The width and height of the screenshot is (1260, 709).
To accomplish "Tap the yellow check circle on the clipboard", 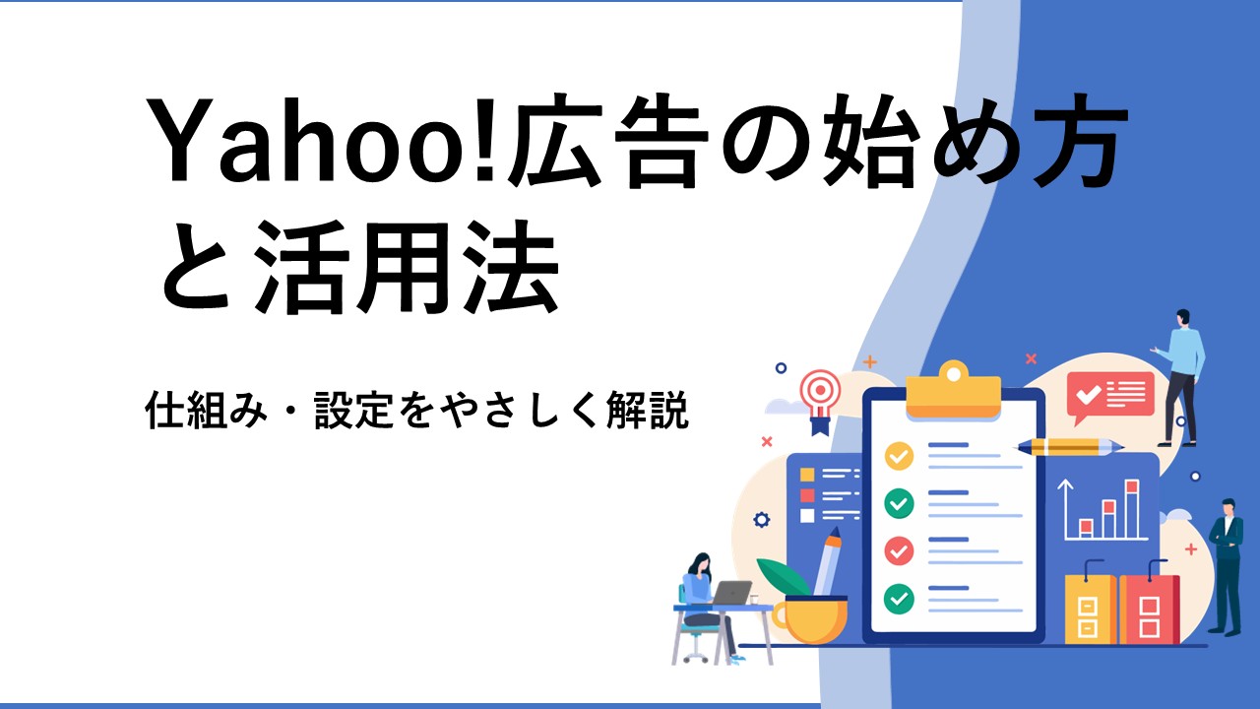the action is click(x=899, y=456).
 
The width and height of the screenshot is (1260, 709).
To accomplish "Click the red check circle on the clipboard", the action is click(x=899, y=550).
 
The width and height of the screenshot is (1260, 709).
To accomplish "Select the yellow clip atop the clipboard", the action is click(x=954, y=391).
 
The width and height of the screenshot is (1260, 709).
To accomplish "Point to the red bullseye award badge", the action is click(x=821, y=401).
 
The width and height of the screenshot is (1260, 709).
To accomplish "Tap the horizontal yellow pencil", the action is click(x=1069, y=447).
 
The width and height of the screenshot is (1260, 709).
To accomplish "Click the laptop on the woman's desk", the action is click(x=731, y=593).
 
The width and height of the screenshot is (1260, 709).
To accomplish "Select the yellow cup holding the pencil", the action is click(x=810, y=620).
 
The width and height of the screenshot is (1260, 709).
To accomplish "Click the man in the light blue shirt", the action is click(x=1181, y=377).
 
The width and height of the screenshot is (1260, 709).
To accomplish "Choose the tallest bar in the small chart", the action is click(x=1132, y=509).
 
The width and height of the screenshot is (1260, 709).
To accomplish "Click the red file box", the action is click(x=1149, y=607).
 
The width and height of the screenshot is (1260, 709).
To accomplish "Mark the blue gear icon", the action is click(x=762, y=519).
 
